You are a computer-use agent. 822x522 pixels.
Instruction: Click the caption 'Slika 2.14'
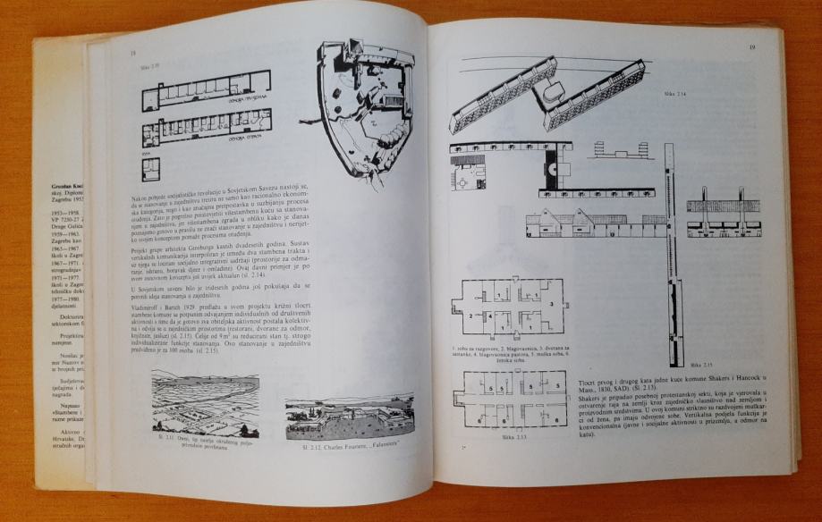pyautogui.click(x=674, y=93)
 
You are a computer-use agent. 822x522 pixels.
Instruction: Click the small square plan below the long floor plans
pyautogui.click(x=151, y=168)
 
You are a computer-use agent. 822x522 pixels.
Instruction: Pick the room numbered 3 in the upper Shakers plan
pyautogui.click(x=552, y=303)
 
